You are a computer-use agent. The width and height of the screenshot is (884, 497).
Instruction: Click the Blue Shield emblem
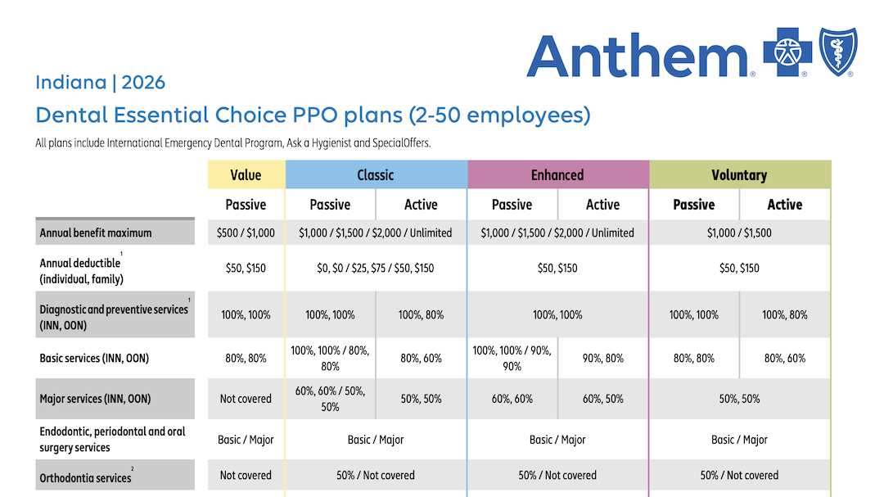pos(838,51)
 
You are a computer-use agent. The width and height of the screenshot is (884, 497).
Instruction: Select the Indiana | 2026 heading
pos(100,83)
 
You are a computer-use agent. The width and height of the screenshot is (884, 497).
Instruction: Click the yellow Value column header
pos(246,175)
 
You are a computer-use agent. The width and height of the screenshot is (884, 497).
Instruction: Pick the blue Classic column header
pos(376,175)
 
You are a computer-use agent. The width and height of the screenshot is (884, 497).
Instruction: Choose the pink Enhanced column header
pos(557,175)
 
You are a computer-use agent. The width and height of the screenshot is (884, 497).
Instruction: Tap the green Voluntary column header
pos(739,175)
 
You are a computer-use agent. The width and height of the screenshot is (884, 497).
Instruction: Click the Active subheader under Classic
pos(421,205)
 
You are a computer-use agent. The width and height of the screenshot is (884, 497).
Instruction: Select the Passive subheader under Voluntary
pos(693,205)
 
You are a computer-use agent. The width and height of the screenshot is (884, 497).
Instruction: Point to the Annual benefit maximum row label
pos(96,233)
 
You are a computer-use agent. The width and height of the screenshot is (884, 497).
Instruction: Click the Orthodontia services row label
pos(85,477)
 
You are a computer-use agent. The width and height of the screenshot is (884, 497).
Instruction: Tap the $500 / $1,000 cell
pos(246,233)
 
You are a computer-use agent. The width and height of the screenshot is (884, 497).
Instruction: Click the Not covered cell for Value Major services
pos(246,399)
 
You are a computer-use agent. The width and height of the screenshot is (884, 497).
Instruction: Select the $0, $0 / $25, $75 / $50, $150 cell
pos(376,268)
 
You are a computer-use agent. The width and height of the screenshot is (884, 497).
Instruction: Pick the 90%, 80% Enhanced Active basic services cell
pos(602,358)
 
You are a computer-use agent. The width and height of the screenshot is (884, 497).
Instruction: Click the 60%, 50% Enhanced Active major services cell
pos(602,399)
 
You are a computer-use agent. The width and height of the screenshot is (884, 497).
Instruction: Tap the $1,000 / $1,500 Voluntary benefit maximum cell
pos(739,233)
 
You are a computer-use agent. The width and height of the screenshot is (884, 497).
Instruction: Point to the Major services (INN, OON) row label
pos(95,399)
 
